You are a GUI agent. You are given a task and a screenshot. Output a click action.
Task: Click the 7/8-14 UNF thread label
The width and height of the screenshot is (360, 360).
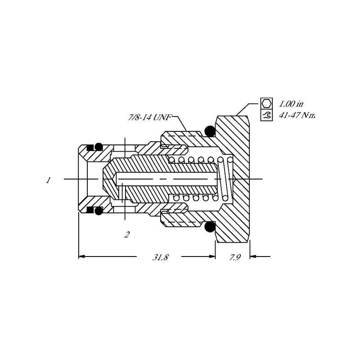point(150,117)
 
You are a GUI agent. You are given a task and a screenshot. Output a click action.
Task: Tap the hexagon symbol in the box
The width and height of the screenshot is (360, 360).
point(266,103)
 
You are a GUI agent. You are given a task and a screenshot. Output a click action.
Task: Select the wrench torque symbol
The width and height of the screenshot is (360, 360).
point(266,115)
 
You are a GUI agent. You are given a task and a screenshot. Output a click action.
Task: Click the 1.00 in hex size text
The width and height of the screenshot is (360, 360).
point(291,104)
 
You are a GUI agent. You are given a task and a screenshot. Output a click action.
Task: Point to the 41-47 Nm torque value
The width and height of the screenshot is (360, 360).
point(297,115)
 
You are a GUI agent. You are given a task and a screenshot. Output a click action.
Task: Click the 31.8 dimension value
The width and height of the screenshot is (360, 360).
point(160,257)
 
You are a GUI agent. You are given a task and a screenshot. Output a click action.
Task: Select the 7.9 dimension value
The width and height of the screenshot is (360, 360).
point(234,257)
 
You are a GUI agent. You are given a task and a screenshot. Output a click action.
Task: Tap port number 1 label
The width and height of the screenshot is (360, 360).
point(48,180)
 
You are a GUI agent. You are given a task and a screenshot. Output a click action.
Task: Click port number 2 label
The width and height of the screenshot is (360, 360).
point(127,234)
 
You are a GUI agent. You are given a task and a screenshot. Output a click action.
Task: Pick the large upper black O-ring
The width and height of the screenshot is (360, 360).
point(210,131)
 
